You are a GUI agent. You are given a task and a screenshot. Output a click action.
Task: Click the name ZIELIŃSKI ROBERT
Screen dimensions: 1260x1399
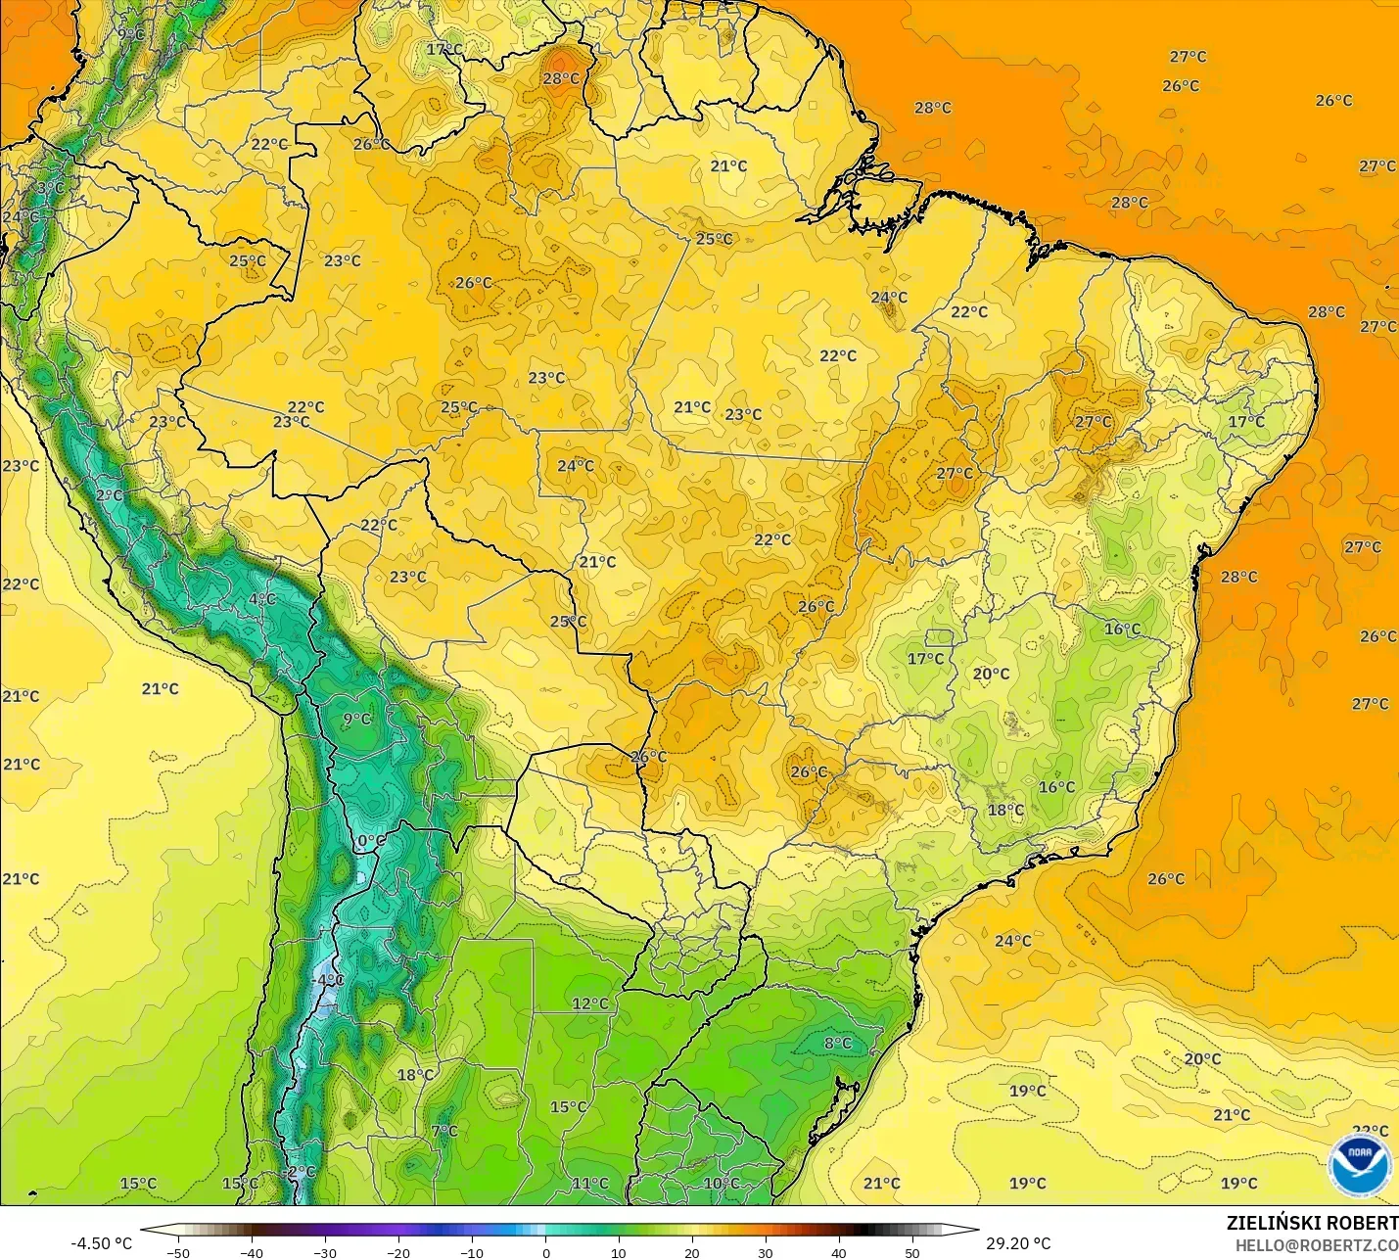coord(1312,1223)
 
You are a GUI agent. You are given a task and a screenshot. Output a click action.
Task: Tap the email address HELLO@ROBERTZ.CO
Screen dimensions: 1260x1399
coord(1316,1245)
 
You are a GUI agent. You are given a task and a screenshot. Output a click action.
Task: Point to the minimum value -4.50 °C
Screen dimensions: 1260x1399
coord(101,1243)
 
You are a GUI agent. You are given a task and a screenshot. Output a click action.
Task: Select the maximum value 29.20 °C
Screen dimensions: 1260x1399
coord(1018,1243)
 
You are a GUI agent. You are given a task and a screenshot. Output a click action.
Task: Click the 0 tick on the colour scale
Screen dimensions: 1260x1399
coord(545,1252)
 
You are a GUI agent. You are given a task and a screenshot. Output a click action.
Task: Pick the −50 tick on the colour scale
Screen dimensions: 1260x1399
coord(177,1252)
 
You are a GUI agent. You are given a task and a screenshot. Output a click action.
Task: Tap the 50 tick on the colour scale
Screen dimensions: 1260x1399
coord(912,1252)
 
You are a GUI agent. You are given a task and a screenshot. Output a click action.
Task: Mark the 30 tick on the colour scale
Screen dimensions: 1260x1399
coord(766,1252)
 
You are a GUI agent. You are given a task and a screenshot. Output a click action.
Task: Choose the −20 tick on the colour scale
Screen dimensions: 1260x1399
coord(398,1252)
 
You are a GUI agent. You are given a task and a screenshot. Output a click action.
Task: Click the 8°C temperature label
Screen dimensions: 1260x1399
coord(838,1044)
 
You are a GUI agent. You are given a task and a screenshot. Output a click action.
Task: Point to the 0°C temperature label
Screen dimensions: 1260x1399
coord(371,841)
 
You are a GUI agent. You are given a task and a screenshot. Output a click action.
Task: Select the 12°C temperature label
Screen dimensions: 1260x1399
coord(590,1003)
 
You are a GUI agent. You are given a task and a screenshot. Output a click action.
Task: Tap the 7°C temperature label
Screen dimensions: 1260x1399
coord(444,1132)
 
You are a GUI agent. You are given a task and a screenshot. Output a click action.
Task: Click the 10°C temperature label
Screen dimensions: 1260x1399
coord(722,1184)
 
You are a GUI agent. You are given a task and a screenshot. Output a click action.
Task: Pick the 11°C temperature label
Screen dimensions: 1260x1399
coord(590,1184)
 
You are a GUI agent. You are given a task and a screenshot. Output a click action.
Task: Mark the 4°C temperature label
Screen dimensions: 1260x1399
coord(261,599)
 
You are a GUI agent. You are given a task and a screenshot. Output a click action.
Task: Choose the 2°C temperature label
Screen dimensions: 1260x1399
coord(110,496)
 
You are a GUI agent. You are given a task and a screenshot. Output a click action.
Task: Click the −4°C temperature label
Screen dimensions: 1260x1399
coord(328,980)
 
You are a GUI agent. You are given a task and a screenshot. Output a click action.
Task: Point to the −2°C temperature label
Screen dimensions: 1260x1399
coord(300,1172)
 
